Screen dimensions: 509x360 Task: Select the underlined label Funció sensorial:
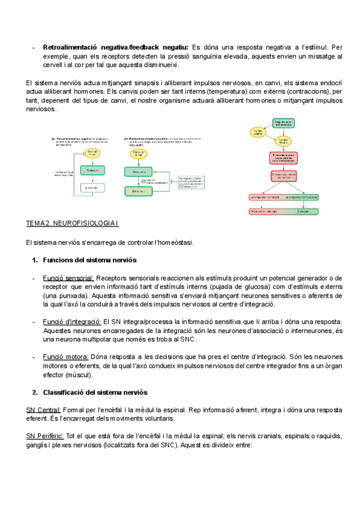pos(68,278)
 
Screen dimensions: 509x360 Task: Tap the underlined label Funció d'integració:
pos(72,322)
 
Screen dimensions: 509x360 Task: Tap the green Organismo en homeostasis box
pos(286,122)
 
